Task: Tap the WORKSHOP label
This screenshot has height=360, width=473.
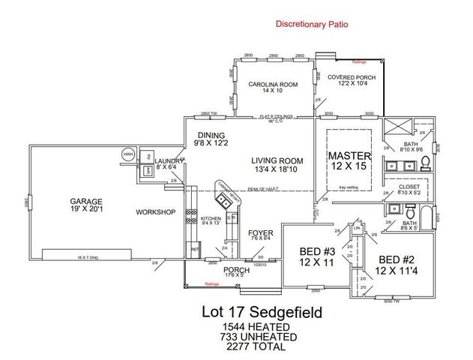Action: [155, 212]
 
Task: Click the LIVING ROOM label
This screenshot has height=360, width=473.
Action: [277, 160]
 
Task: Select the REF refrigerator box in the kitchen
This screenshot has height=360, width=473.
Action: [195, 249]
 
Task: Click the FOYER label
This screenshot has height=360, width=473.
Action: [260, 233]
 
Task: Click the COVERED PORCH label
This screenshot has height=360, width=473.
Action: [351, 76]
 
